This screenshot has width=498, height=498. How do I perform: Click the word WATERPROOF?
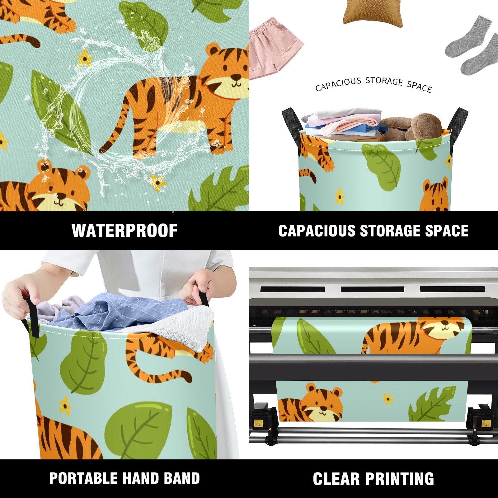click(x=125, y=231)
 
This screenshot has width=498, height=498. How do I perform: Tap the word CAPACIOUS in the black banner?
click(x=317, y=231)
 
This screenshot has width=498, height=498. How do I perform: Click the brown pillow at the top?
click(x=373, y=13)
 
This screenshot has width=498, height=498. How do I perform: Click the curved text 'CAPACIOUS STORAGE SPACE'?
click(x=374, y=83)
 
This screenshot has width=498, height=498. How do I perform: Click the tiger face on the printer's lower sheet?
click(x=324, y=405)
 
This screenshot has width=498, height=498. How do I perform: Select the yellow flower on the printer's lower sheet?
click(x=388, y=399)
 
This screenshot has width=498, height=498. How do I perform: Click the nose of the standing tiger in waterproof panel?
click(x=236, y=76)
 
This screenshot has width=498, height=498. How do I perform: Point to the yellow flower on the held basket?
click(x=65, y=406)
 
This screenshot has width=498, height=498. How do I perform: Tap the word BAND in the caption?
click(x=182, y=478)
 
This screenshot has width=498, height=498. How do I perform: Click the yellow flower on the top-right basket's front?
click(x=340, y=196)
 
